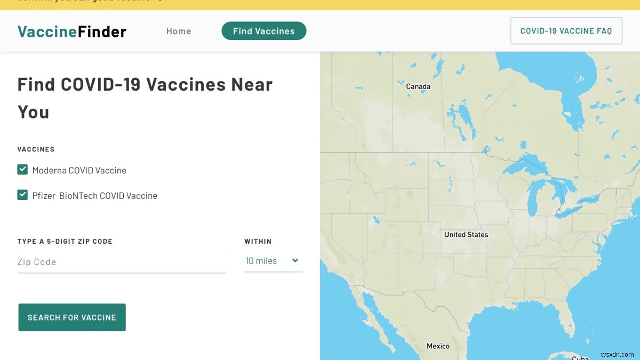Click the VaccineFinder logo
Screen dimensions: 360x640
pos(71,31)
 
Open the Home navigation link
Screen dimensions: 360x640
pos(179,31)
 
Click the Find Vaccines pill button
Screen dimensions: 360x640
pos(264,31)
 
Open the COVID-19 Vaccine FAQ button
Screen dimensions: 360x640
pos(566,31)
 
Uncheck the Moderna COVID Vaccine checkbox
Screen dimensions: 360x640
pos(22,170)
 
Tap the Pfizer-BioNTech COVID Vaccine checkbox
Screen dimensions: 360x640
pos(22,195)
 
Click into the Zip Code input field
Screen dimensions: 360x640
pos(122,262)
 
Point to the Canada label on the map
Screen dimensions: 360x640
pos(418,86)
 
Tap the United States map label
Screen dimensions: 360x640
pos(466,235)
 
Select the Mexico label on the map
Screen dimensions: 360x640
pos(438,346)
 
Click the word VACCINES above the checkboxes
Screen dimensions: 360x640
pos(36,149)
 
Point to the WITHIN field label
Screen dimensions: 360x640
pos(258,242)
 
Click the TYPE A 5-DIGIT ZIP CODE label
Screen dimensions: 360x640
pos(65,242)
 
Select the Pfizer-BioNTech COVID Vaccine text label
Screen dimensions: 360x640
pos(95,196)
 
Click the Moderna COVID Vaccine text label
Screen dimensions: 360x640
pos(79,171)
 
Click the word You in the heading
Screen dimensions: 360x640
pos(34,112)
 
